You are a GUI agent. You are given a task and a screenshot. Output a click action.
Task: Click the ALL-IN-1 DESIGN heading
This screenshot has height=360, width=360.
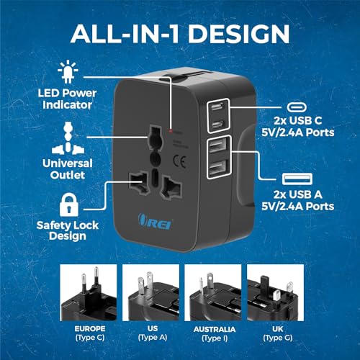point(180,33)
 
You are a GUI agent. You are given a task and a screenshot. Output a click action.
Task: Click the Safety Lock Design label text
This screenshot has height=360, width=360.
point(66,232)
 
